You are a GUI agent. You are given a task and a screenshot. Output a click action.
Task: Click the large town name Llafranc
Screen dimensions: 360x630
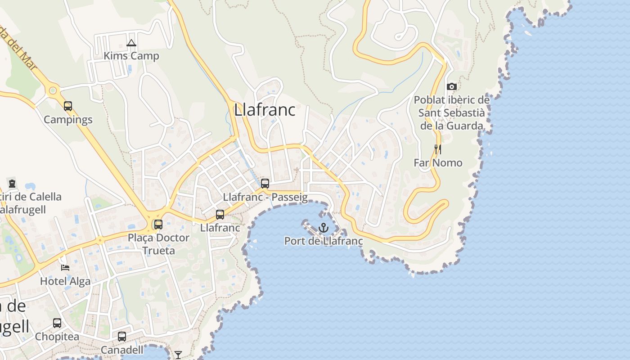(265, 110)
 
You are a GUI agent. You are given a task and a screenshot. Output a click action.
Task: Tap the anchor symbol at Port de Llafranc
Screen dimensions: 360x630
(323, 228)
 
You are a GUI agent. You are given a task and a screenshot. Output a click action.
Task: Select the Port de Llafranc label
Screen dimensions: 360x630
(323, 241)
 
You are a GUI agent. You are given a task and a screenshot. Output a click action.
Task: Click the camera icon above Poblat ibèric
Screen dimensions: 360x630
(452, 86)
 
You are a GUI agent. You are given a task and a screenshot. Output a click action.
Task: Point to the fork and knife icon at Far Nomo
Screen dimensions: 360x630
(437, 149)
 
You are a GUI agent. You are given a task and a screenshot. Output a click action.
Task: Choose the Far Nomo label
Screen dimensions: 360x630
(438, 162)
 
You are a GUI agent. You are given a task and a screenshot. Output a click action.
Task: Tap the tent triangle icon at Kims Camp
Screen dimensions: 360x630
(131, 43)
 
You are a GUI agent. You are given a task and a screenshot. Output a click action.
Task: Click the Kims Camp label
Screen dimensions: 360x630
(131, 56)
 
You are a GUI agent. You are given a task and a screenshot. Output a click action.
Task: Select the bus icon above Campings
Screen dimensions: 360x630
(68, 106)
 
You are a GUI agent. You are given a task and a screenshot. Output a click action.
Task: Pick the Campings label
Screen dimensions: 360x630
(68, 119)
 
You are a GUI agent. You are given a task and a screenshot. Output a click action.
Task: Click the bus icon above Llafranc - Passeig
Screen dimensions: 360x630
(265, 184)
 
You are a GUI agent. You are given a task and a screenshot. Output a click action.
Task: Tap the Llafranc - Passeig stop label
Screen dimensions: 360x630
(265, 197)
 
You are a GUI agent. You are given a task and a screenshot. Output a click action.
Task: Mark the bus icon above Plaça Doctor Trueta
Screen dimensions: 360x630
(158, 224)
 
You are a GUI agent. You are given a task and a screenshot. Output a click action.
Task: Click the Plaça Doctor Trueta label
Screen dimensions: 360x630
(158, 243)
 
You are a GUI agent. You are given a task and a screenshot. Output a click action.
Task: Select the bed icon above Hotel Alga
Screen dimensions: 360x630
(65, 268)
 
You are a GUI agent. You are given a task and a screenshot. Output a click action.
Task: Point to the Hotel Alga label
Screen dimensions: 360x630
(65, 281)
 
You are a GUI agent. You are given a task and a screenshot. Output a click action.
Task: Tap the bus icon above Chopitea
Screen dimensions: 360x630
(57, 323)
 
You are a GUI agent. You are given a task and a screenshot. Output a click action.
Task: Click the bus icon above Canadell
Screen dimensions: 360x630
(122, 337)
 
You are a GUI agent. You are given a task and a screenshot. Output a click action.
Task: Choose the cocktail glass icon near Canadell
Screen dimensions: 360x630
(178, 355)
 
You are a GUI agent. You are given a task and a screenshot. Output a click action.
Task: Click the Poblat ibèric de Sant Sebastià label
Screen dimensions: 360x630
(451, 112)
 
